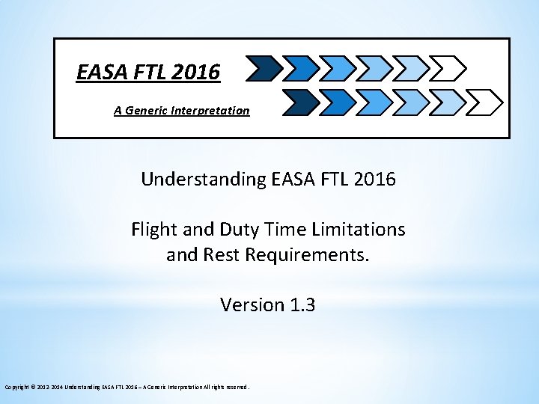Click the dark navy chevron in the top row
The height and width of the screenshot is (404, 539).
[x=264, y=69]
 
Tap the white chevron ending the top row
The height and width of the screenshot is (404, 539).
[x=449, y=69]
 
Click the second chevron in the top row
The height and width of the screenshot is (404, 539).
[x=302, y=69]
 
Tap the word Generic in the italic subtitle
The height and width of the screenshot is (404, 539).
[x=147, y=111]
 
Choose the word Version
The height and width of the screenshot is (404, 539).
[x=252, y=304]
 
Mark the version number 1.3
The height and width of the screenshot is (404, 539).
[x=302, y=304]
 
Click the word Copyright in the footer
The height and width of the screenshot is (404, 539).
[x=16, y=387]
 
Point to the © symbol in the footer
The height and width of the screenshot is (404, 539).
[x=32, y=387]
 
